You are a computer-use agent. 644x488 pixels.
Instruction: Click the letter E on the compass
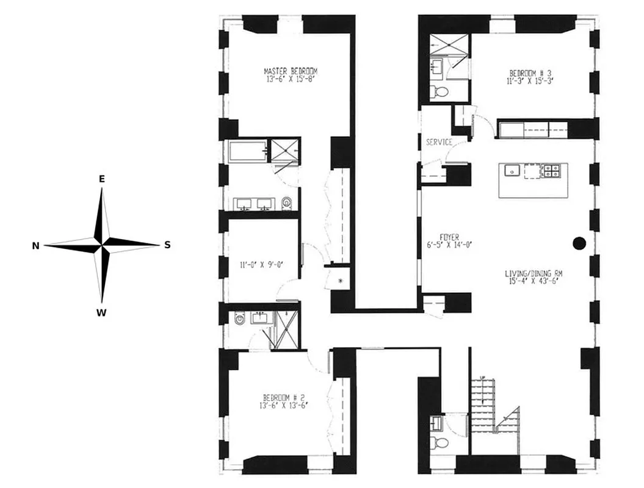pyautogui.click(x=102, y=179)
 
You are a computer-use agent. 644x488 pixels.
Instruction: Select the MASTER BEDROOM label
pyautogui.click(x=291, y=71)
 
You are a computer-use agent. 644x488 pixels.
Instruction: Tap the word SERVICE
pyautogui.click(x=439, y=142)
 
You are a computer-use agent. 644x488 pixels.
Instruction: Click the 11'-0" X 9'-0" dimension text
pyautogui.click(x=261, y=265)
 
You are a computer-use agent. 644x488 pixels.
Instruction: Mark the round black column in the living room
pyautogui.click(x=579, y=243)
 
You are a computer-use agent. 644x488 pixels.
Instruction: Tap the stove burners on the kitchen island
pyautogui.click(x=551, y=171)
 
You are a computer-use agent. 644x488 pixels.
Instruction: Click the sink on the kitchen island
pyautogui.click(x=512, y=171)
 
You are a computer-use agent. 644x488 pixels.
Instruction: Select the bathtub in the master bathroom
pyautogui.click(x=248, y=151)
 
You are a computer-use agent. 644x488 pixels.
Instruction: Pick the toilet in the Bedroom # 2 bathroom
pyautogui.click(x=239, y=318)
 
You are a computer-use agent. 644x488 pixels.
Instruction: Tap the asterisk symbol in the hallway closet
pyautogui.click(x=341, y=281)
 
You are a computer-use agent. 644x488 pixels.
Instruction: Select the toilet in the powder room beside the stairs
pyautogui.click(x=436, y=442)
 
